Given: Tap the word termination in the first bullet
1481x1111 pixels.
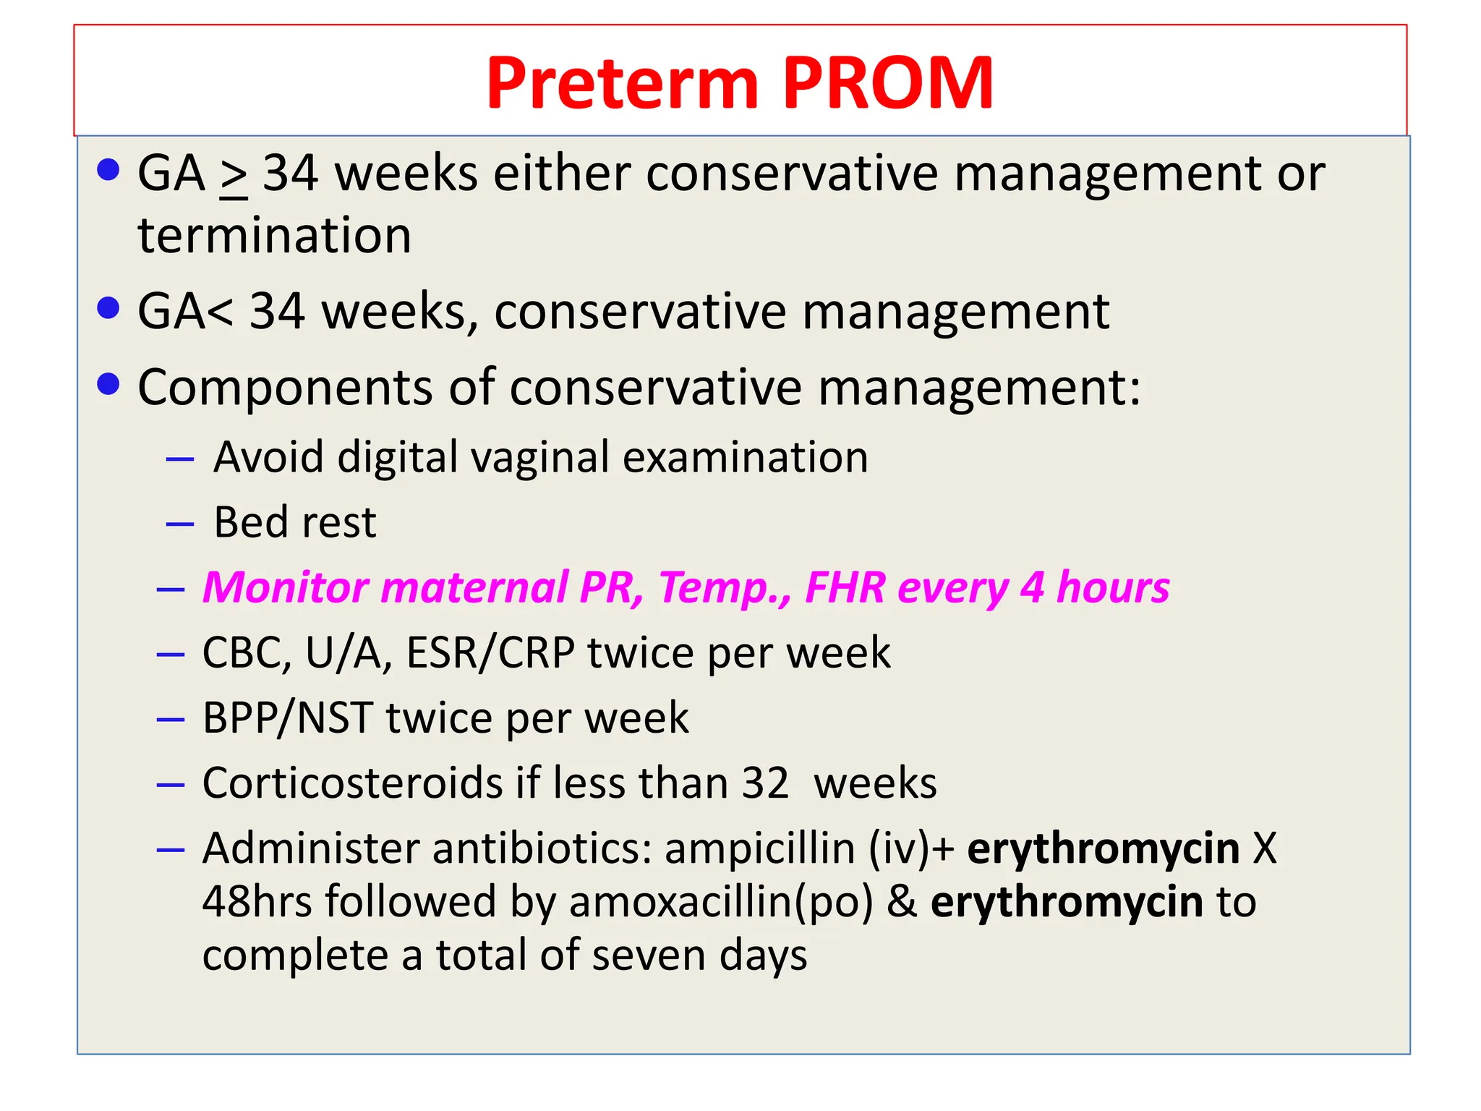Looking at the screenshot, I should pyautogui.click(x=274, y=236).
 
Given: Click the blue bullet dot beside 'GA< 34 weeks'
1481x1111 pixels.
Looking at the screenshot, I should pyautogui.click(x=108, y=308).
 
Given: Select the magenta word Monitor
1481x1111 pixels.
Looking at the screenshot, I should pyautogui.click(x=286, y=587).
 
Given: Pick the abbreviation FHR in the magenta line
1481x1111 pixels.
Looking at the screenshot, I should pyautogui.click(x=845, y=587).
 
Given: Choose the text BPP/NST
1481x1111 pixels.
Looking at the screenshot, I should pyautogui.click(x=287, y=718).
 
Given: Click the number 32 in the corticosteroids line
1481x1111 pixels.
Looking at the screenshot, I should pyautogui.click(x=765, y=783).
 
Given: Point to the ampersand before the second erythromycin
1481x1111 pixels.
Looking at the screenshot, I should pyautogui.click(x=902, y=902).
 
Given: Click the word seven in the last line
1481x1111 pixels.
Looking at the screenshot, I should pyautogui.click(x=647, y=955).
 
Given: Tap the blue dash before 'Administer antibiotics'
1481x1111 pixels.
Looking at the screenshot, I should pyautogui.click(x=171, y=849).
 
